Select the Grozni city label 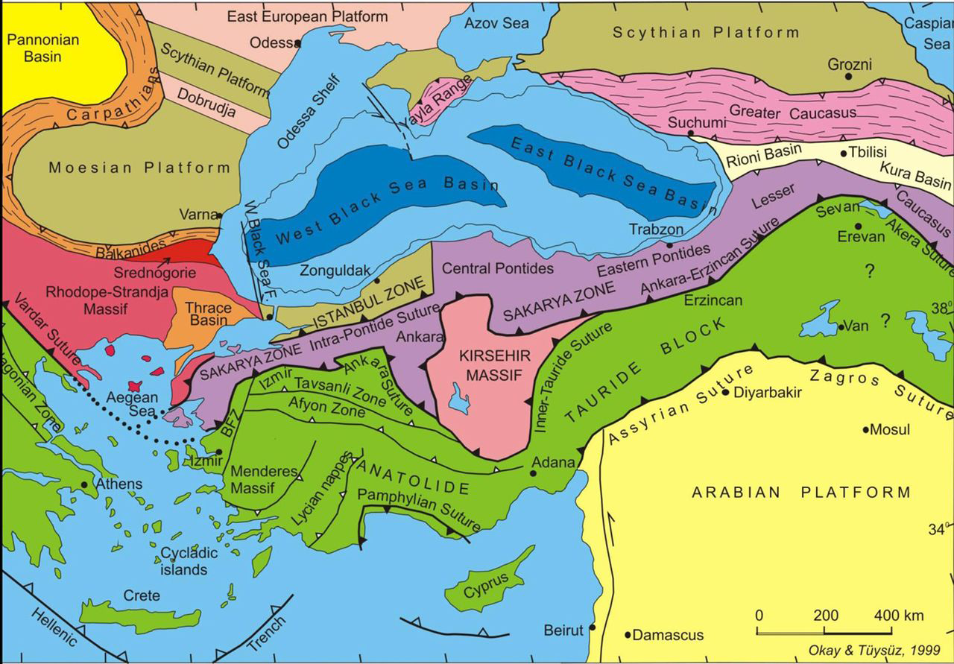point(850,65)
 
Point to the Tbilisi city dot point(844,154)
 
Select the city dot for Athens point(85,484)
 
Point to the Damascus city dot point(628,636)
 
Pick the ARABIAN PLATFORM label point(801,493)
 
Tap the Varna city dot point(219,215)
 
